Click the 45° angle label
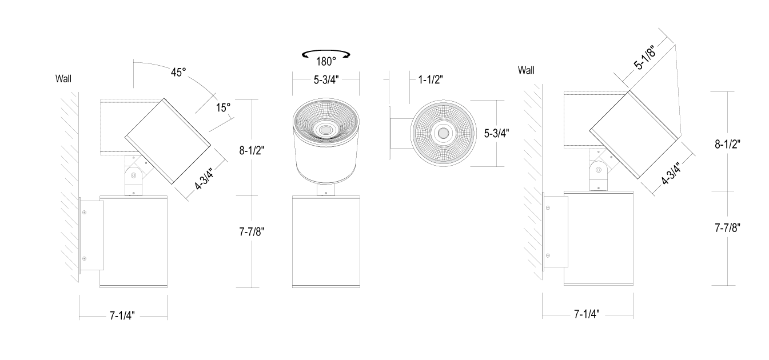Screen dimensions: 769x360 (x=178, y=73)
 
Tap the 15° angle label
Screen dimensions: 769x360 (x=223, y=108)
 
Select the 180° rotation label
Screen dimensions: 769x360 (x=326, y=62)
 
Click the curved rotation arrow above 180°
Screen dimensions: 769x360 (x=326, y=54)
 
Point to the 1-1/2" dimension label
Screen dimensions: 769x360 (x=431, y=80)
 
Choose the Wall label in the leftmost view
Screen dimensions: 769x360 (x=63, y=79)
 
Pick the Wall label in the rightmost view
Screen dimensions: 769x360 (x=526, y=70)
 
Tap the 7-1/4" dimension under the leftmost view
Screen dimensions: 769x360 (x=122, y=316)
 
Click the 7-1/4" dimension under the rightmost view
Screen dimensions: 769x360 (x=587, y=314)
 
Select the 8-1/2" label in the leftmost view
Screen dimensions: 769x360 (x=252, y=150)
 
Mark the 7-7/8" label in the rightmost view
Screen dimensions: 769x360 (x=727, y=228)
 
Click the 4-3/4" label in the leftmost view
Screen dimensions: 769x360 (x=204, y=178)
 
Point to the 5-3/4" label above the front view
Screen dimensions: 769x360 (x=326, y=80)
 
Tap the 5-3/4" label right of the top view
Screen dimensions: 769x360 (x=496, y=133)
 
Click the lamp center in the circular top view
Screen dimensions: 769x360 (x=443, y=133)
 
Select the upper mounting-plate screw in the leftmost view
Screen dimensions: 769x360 (x=85, y=213)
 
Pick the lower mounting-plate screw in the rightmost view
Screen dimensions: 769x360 (x=548, y=255)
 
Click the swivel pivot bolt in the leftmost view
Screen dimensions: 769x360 (x=134, y=175)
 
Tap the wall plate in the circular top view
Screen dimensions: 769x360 (x=390, y=133)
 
